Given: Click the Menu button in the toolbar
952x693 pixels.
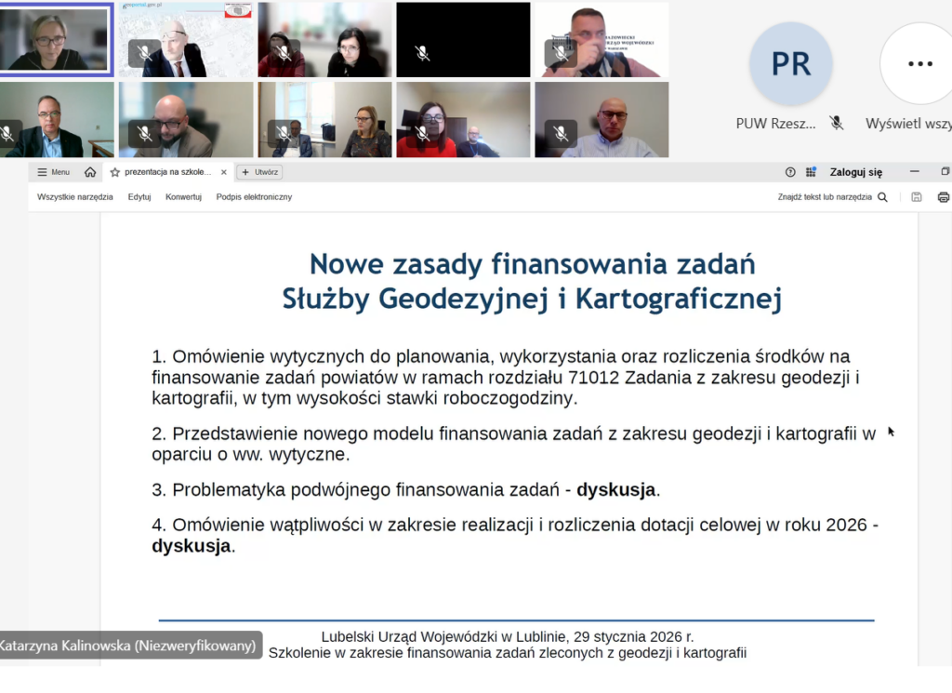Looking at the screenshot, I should (x=54, y=172).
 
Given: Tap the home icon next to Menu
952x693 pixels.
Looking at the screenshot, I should (x=90, y=172).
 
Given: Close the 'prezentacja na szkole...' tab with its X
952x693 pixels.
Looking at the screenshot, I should (x=223, y=172).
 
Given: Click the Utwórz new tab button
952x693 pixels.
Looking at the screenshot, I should (x=259, y=172).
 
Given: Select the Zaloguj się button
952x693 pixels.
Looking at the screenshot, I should (x=855, y=172).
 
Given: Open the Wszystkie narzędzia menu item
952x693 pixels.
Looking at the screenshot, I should (x=75, y=197).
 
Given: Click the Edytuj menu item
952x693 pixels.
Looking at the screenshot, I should (x=139, y=197).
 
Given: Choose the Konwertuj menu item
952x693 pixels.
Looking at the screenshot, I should (x=183, y=197).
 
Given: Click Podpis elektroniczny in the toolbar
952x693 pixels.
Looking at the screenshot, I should (x=254, y=197).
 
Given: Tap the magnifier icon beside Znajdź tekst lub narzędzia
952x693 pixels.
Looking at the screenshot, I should (x=882, y=197).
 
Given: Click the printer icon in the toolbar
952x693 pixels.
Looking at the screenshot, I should (x=944, y=197).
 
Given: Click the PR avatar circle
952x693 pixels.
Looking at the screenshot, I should (x=790, y=64).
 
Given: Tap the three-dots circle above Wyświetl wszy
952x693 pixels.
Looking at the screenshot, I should (x=919, y=64).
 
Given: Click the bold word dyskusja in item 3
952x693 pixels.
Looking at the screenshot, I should (x=616, y=490).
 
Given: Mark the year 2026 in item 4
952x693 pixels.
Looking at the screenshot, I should (x=847, y=526).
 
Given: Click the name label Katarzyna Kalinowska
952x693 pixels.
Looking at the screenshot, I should (x=129, y=646).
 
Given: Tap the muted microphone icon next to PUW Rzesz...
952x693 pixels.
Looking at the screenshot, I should (x=837, y=123).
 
